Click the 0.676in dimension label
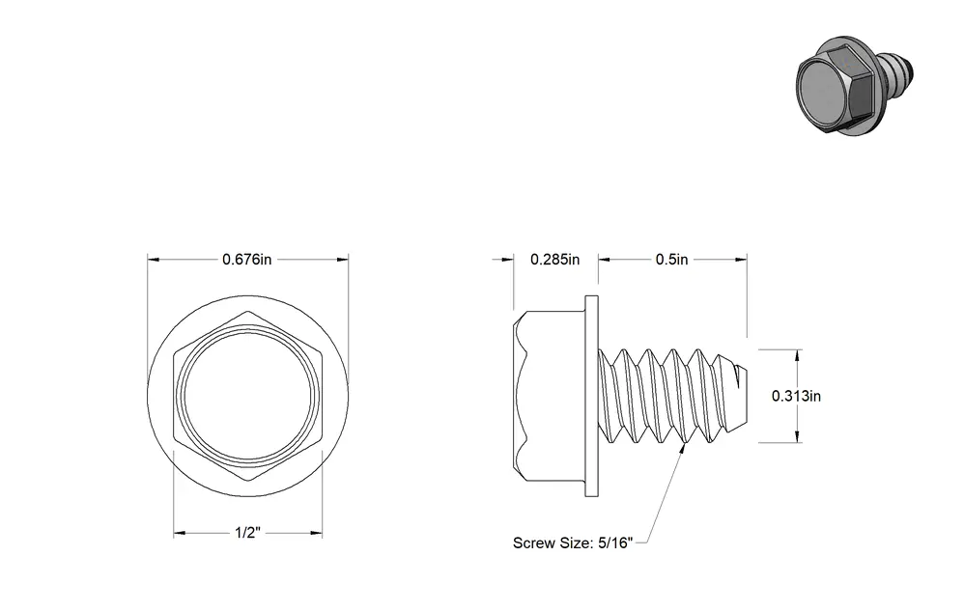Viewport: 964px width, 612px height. click(246, 260)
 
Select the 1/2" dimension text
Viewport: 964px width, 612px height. click(248, 532)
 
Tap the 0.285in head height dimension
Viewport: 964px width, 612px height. click(554, 260)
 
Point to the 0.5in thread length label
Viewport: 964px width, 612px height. click(671, 260)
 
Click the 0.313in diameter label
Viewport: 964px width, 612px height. click(796, 396)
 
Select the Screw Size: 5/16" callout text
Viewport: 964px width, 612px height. click(573, 543)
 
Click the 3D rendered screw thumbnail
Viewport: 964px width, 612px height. click(854, 86)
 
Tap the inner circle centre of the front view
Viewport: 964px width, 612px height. click(248, 397)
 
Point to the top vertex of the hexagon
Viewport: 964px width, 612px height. click(248, 312)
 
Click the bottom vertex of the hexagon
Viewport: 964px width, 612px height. click(248, 481)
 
